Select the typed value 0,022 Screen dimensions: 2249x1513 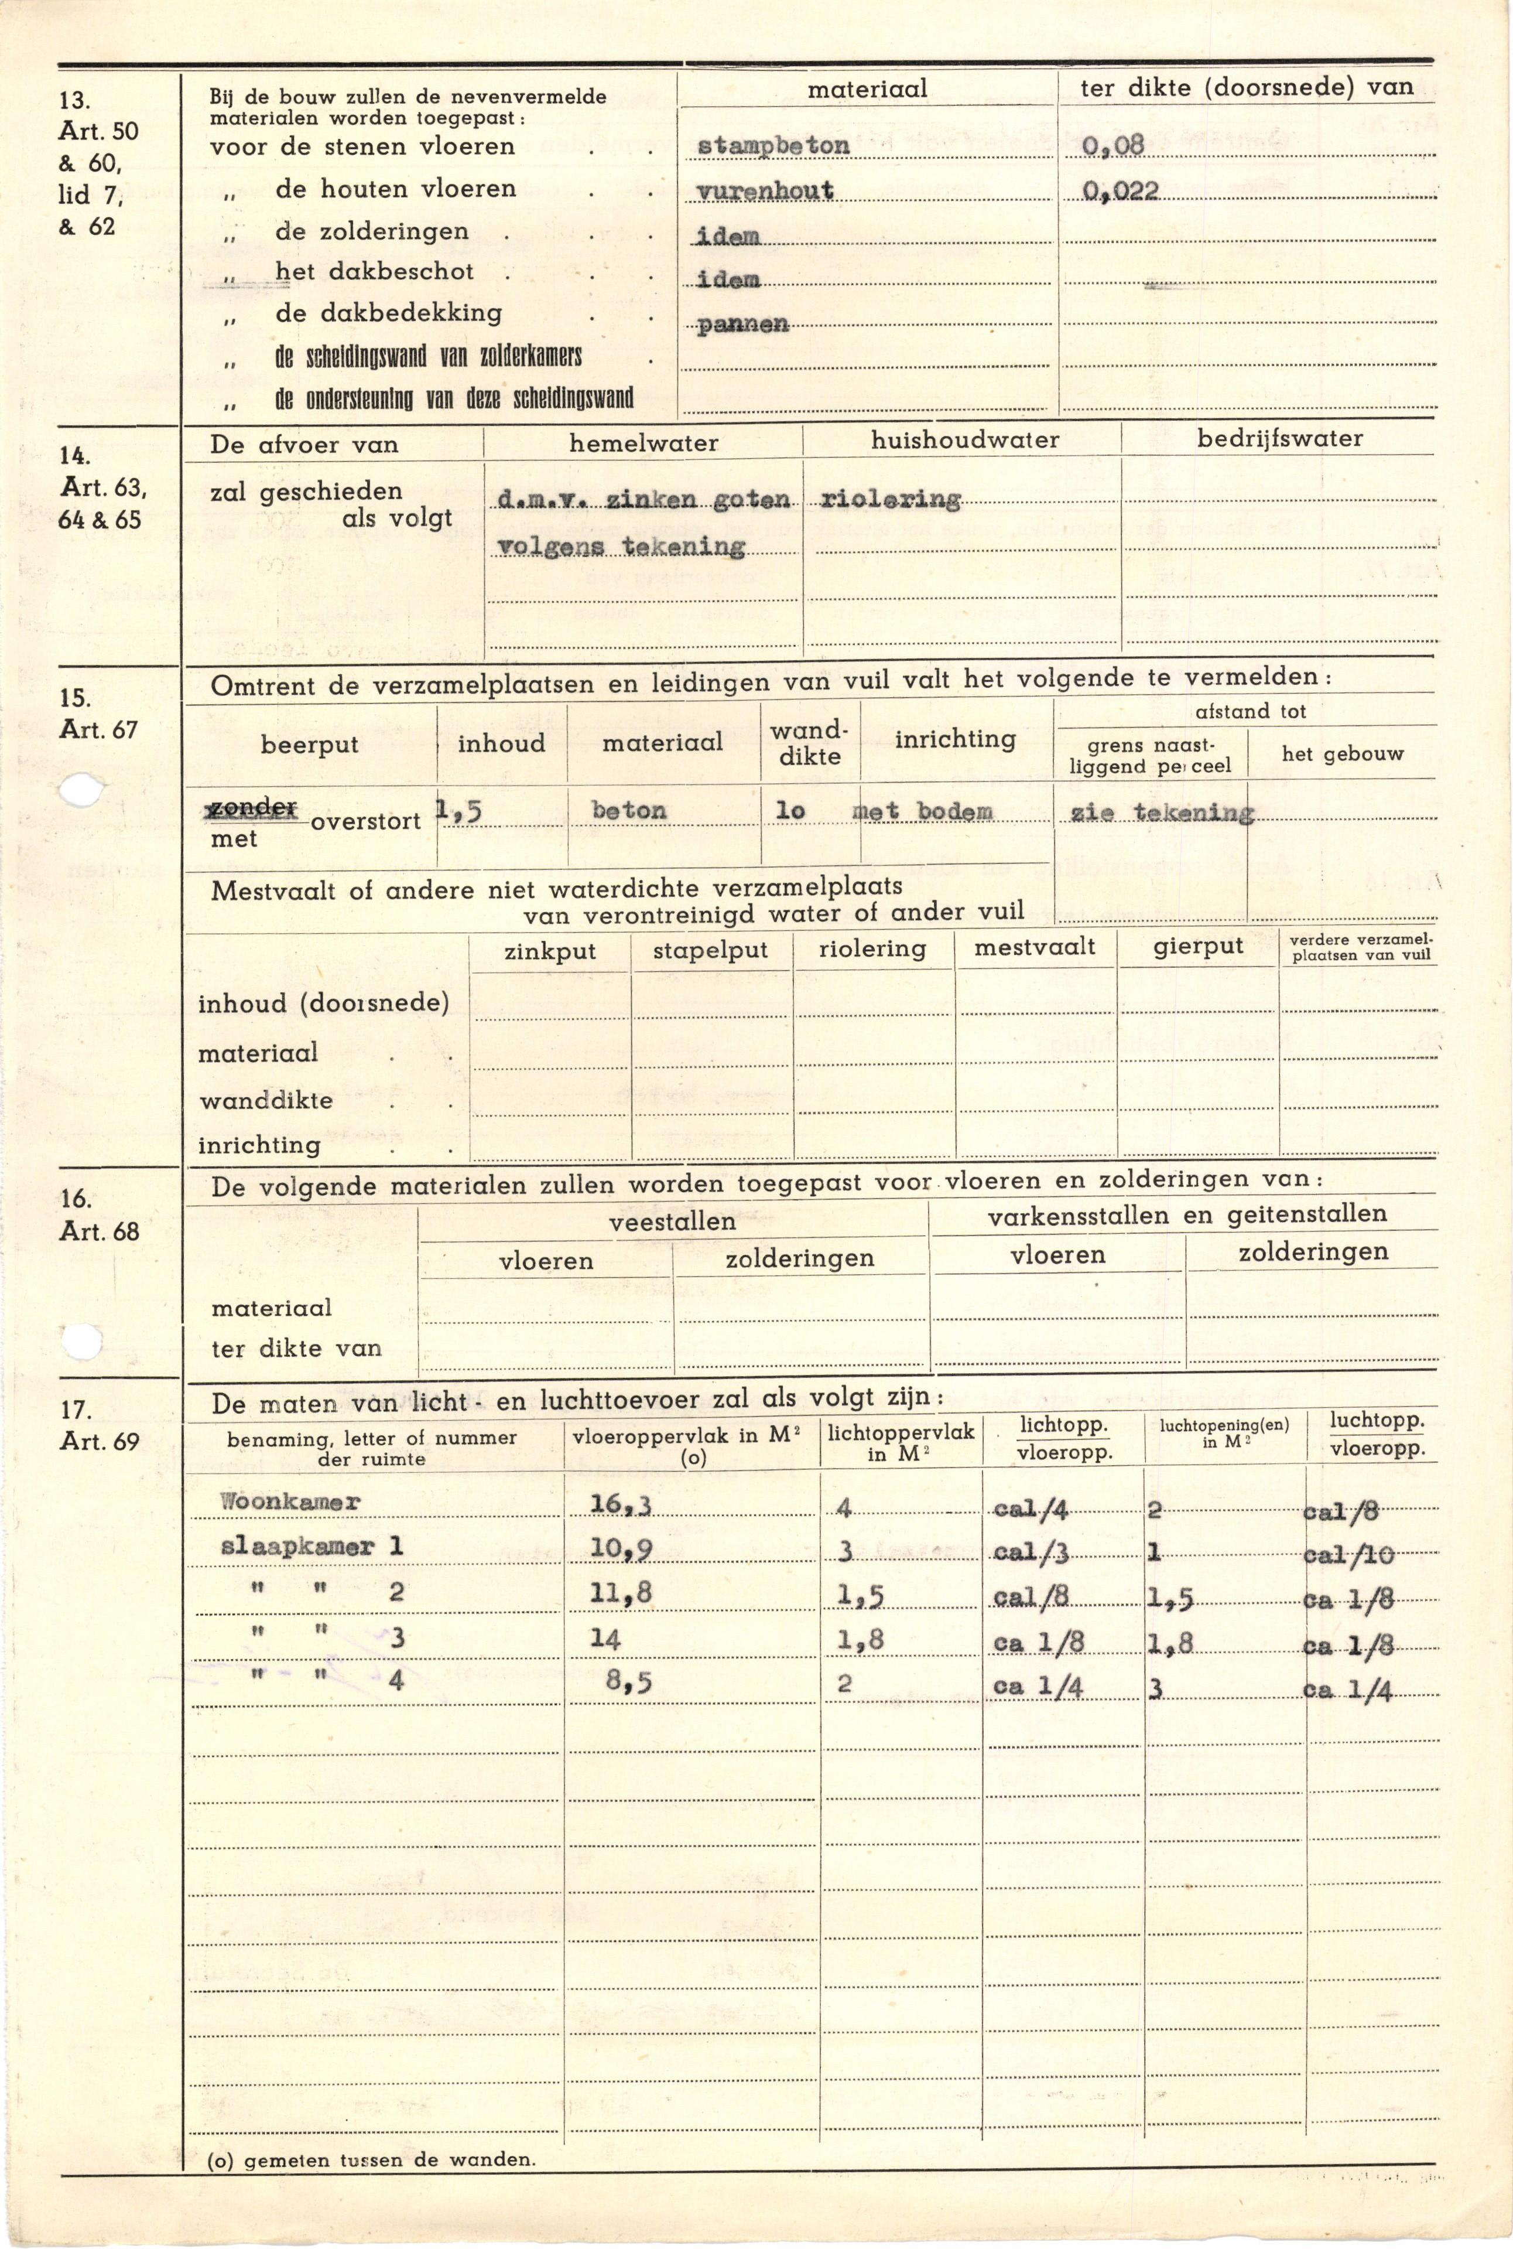pyautogui.click(x=1120, y=191)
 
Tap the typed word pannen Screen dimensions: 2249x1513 pyautogui.click(x=742, y=325)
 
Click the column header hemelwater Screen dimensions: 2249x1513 pyautogui.click(x=643, y=443)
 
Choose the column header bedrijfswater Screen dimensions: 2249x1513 pyautogui.click(x=1279, y=438)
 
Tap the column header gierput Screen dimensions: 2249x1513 pyautogui.click(x=1197, y=946)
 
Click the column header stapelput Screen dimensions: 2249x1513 pyautogui.click(x=710, y=950)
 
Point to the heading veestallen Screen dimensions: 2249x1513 pyautogui.click(x=672, y=1221)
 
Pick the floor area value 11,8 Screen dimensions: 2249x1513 pyautogui.click(x=621, y=1593)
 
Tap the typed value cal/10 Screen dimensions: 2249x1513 pyautogui.click(x=1347, y=1554)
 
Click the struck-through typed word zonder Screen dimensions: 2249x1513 pyautogui.click(x=254, y=807)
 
